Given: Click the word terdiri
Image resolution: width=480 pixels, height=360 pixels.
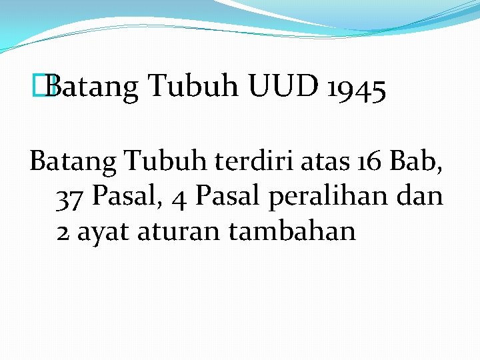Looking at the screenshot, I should pyautogui.click(x=246, y=160).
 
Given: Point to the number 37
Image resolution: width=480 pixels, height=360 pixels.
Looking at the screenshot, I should pyautogui.click(x=71, y=197).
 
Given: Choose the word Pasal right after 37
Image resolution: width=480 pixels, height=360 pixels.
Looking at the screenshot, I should pyautogui.click(x=127, y=196).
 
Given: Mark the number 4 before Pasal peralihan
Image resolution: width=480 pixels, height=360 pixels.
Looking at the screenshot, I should pyautogui.click(x=178, y=197).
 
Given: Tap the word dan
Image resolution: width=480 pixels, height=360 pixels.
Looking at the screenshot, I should pyautogui.click(x=422, y=196).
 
